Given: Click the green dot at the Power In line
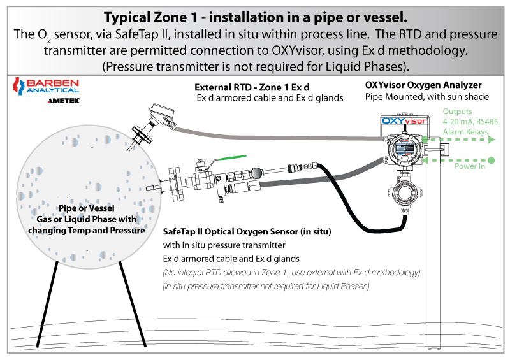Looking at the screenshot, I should pyautogui.click(x=492, y=159).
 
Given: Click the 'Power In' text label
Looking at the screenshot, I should pyautogui.click(x=469, y=167).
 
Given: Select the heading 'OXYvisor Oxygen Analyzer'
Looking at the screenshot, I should pyautogui.click(x=423, y=85).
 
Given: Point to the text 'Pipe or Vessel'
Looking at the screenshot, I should pyautogui.click(x=86, y=208).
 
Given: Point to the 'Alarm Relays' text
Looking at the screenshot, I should pyautogui.click(x=465, y=132).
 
